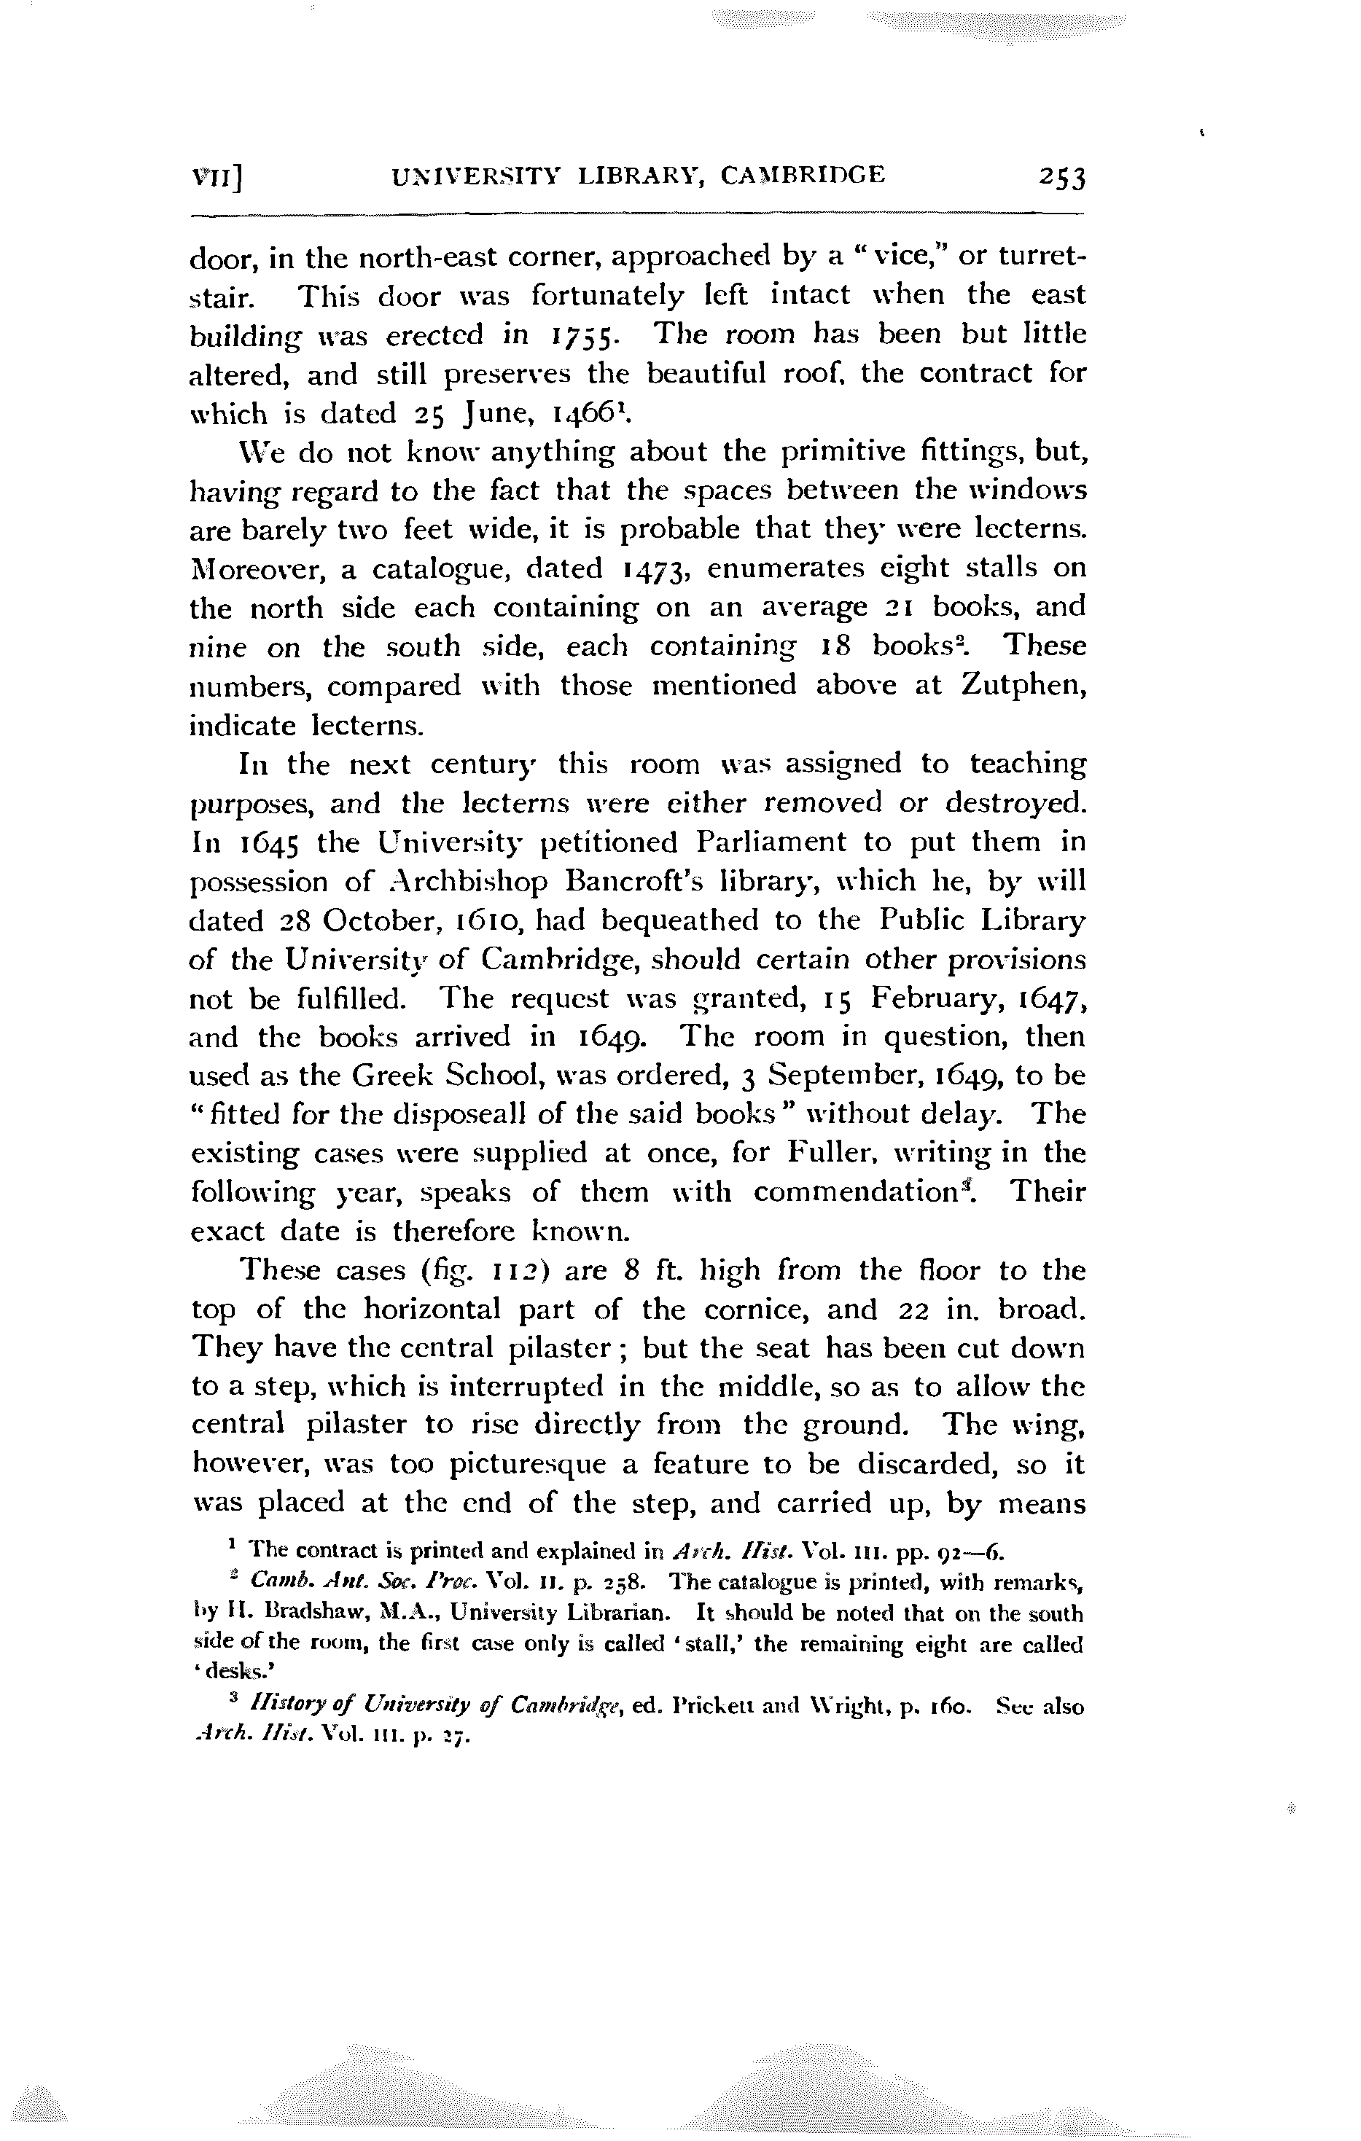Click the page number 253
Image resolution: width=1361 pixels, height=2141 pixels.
pos(1061,178)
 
